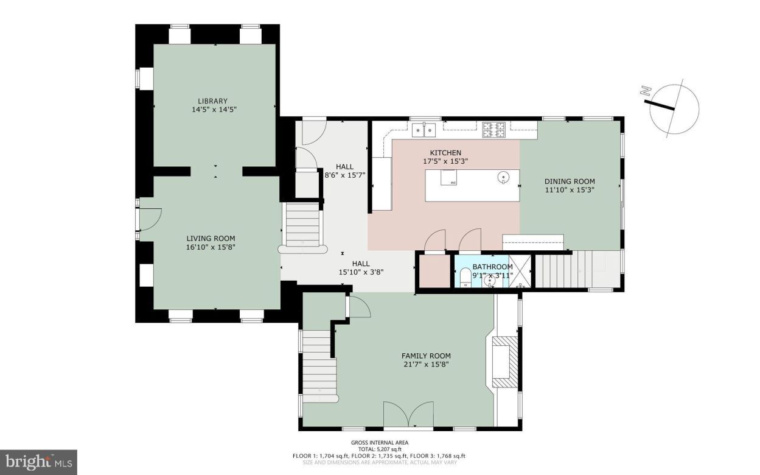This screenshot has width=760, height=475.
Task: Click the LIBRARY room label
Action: [212, 101]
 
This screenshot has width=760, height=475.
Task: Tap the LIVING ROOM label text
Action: [211, 239]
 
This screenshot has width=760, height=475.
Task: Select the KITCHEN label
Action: [445, 153]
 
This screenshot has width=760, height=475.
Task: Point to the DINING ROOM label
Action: [570, 181]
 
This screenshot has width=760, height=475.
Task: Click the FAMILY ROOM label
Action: [426, 356]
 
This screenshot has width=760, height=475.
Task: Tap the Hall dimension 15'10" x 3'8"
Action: [361, 272]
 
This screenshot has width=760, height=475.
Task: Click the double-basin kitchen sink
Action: [424, 129]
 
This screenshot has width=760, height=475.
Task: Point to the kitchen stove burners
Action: [494, 129]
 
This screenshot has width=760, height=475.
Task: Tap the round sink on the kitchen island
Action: [503, 178]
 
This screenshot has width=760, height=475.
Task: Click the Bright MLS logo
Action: [38, 462]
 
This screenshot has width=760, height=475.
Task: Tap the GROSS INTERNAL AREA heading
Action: [379, 443]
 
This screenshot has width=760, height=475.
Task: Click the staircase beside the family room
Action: [319, 365]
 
